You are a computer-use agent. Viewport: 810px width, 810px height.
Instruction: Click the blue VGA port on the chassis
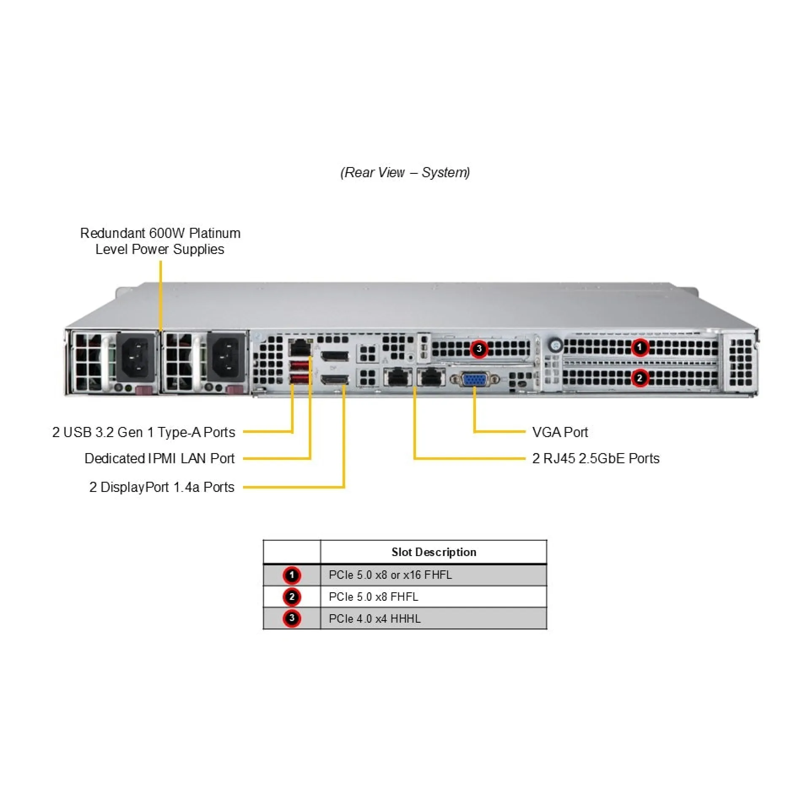click(x=475, y=379)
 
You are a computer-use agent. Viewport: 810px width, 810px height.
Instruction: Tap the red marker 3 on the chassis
click(x=479, y=349)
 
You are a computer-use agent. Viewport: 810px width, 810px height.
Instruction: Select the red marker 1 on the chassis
click(x=640, y=347)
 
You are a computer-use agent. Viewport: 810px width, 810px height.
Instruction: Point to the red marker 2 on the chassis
click(x=640, y=378)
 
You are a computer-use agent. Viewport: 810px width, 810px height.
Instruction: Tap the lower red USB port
click(x=299, y=379)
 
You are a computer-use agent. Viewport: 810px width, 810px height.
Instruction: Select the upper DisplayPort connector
click(x=335, y=355)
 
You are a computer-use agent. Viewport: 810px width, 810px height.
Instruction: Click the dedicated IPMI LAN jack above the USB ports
click(x=300, y=348)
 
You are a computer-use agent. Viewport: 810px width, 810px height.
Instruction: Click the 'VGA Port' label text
click(x=560, y=432)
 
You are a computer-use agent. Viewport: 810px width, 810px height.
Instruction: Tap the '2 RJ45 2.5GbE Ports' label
click(x=596, y=458)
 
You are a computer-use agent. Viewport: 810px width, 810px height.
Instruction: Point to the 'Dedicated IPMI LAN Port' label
click(x=159, y=458)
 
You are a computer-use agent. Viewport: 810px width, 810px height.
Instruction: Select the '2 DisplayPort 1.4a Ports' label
click(x=162, y=487)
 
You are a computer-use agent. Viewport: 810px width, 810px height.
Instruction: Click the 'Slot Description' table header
click(x=434, y=552)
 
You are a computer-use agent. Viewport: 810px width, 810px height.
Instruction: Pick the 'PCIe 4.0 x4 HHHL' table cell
click(x=375, y=618)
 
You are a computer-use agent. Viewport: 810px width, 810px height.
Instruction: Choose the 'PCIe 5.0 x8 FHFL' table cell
click(x=373, y=597)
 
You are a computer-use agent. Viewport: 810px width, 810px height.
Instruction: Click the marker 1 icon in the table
click(x=292, y=575)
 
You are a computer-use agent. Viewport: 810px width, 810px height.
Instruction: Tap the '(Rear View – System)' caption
click(x=405, y=172)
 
